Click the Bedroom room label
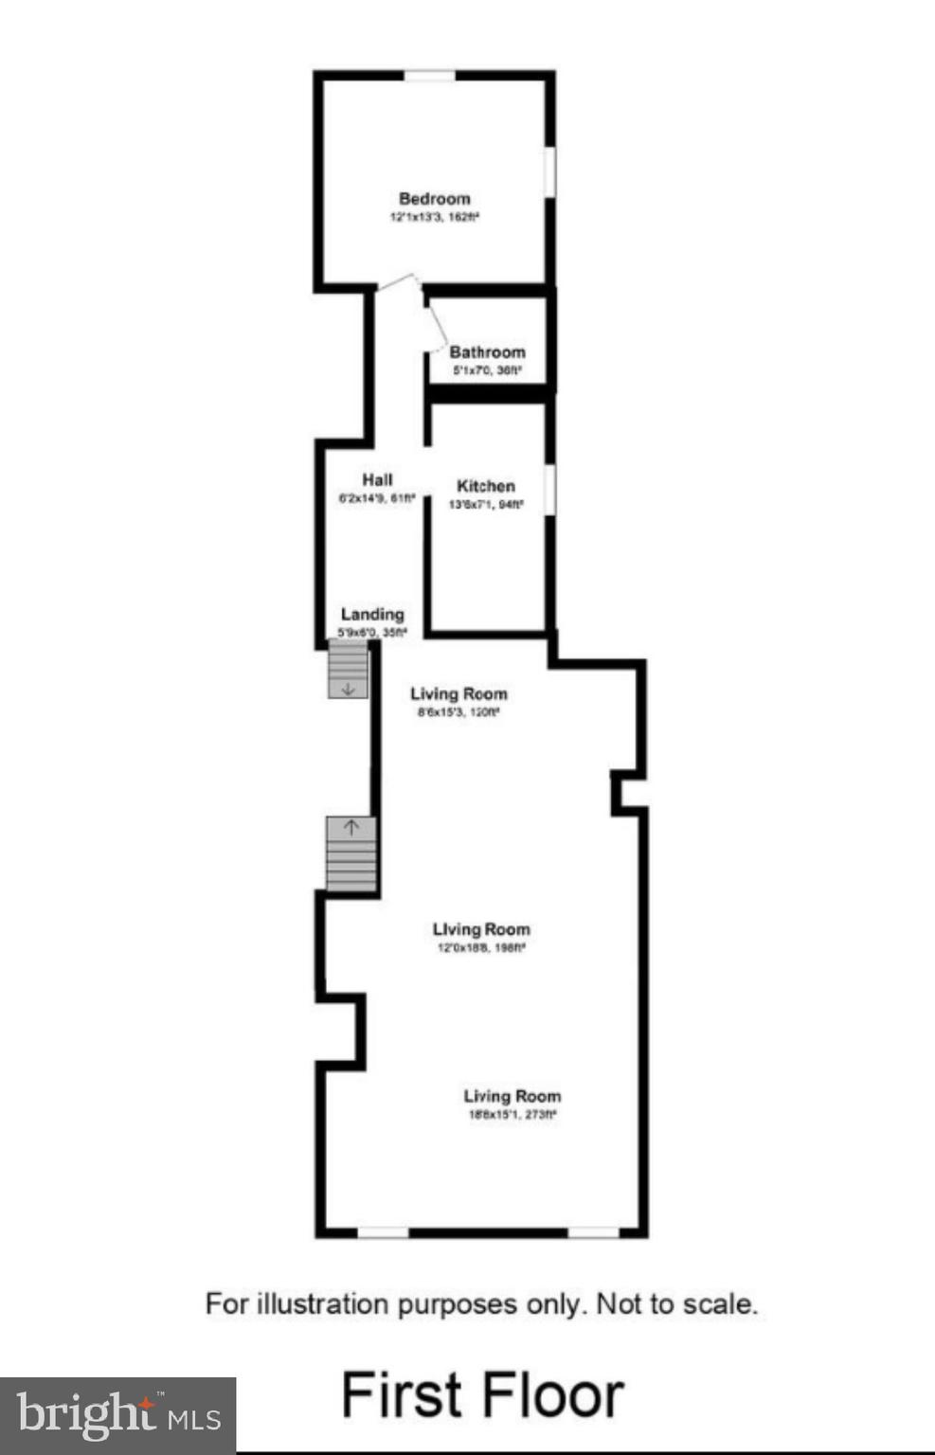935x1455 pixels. tap(434, 199)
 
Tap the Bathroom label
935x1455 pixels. tap(487, 352)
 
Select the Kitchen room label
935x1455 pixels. tap(486, 486)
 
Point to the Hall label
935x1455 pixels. tap(377, 480)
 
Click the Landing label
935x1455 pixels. tap(372, 615)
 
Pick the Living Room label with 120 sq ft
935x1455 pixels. tap(459, 694)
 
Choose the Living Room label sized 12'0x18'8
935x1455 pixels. tap(481, 930)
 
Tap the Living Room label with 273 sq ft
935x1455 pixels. tap(512, 1097)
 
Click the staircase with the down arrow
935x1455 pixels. tap(348, 670)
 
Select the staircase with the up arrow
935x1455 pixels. tap(351, 853)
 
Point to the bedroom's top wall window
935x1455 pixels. tap(430, 76)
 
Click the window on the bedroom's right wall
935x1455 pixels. tap(549, 171)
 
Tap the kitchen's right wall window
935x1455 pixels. tap(549, 489)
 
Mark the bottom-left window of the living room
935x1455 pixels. tap(383, 1232)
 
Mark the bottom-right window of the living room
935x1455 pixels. tap(593, 1232)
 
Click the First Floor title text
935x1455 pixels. tap(482, 1394)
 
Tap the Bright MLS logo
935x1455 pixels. tap(117, 1415)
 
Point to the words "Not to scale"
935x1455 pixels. tap(676, 1304)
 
